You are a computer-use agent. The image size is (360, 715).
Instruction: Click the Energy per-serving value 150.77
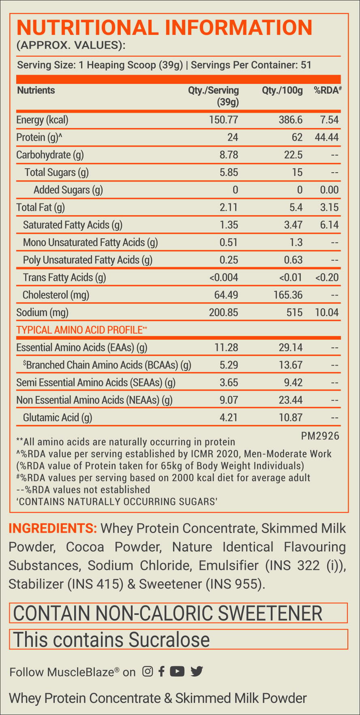(x=224, y=120)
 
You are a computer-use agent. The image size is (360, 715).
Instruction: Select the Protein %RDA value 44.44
(x=327, y=137)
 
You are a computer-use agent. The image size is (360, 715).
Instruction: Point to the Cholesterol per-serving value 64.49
(x=226, y=295)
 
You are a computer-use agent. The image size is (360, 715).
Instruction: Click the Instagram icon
(x=148, y=671)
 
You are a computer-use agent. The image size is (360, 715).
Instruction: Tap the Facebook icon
(x=161, y=671)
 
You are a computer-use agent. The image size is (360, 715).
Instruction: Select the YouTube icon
(x=177, y=671)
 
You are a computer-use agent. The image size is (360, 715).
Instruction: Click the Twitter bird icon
(x=197, y=671)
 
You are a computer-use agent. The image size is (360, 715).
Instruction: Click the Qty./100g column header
(x=283, y=90)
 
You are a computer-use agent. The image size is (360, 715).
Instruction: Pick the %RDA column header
(x=328, y=90)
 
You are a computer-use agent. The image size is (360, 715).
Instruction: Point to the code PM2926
(x=320, y=436)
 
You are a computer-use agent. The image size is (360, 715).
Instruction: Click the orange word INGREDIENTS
(x=53, y=529)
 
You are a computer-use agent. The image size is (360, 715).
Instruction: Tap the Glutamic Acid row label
(x=58, y=417)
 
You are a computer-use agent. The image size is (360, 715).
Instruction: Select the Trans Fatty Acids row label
(x=64, y=278)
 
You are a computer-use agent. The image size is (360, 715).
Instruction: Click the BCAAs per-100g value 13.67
(x=291, y=365)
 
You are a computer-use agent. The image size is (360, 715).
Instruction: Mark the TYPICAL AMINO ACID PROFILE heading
(x=81, y=330)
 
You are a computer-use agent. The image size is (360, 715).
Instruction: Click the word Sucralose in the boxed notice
(x=169, y=640)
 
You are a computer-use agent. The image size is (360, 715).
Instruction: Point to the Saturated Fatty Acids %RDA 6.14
(x=329, y=225)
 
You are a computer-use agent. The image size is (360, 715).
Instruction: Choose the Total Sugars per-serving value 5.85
(x=229, y=172)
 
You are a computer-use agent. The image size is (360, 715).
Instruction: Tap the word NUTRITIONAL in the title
(x=88, y=28)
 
